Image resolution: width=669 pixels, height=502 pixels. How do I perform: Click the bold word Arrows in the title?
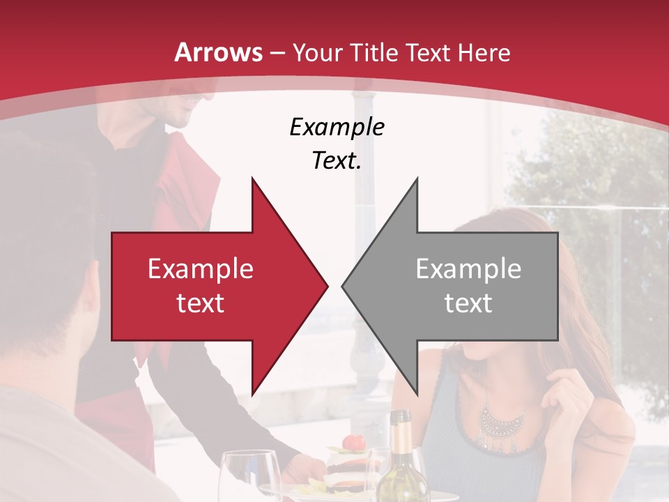tap(219, 52)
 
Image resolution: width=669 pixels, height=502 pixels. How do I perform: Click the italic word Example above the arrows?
tap(337, 127)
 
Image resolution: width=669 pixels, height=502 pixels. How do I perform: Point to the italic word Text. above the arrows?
tap(337, 161)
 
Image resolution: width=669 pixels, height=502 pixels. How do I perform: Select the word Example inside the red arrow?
tap(201, 269)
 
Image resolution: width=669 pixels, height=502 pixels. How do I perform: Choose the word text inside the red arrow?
tap(201, 303)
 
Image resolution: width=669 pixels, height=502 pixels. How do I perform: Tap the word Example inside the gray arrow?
tap(468, 269)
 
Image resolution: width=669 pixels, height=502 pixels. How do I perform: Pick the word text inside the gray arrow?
tap(468, 303)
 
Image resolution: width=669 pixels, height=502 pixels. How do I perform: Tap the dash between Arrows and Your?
tap(277, 53)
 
